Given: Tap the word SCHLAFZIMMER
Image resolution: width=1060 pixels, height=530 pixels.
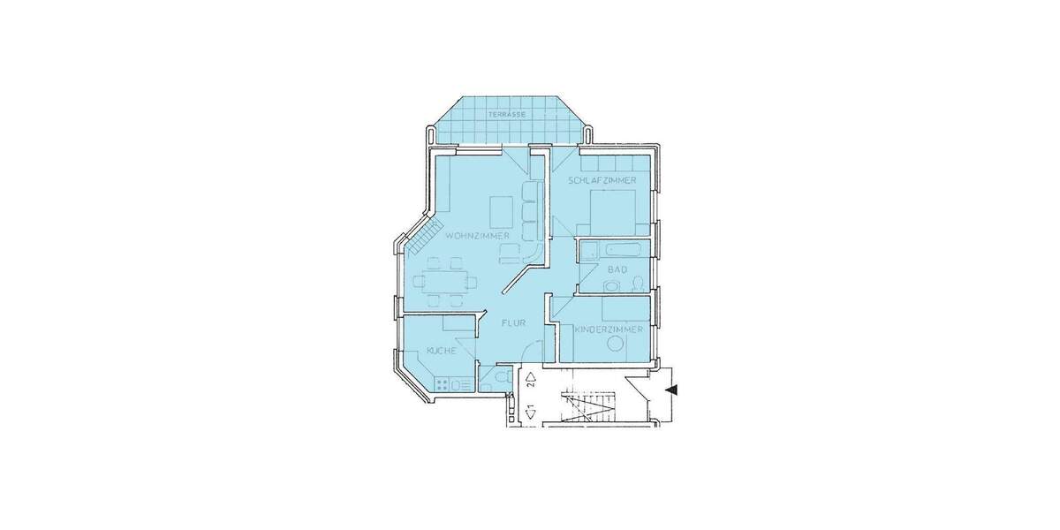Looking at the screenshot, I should pyautogui.click(x=603, y=180).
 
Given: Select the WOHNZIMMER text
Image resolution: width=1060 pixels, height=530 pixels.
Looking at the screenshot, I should pyautogui.click(x=477, y=236).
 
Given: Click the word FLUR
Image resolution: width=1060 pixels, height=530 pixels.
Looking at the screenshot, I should pyautogui.click(x=513, y=323).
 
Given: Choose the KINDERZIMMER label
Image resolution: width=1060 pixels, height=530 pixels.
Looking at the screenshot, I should pyautogui.click(x=608, y=330).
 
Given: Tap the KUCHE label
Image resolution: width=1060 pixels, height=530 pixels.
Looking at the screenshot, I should pyautogui.click(x=441, y=352).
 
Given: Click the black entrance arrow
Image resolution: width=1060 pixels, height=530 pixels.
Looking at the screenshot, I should pyautogui.click(x=672, y=389).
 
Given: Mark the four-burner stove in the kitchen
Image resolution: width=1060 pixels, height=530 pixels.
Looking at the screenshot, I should pyautogui.click(x=443, y=383).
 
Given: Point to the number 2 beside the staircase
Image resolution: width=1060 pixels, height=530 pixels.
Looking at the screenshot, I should pyautogui.click(x=529, y=381).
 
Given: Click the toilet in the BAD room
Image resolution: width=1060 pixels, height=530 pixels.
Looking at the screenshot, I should pyautogui.click(x=638, y=284).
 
